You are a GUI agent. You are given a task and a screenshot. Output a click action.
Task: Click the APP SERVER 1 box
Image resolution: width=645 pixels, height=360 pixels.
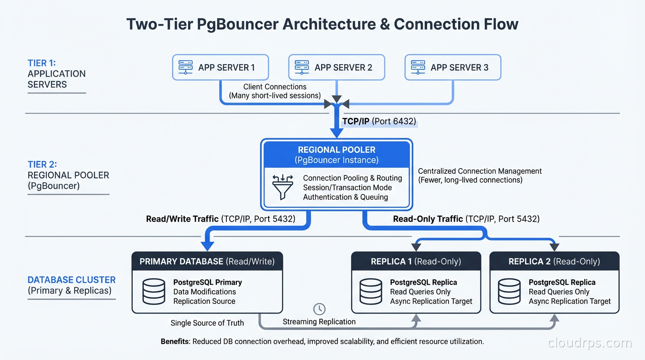point(220,67)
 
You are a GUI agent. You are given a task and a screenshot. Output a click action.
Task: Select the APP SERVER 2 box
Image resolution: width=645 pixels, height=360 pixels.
point(337,67)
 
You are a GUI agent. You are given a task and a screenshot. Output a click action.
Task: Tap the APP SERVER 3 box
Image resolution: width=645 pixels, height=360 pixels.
point(453,67)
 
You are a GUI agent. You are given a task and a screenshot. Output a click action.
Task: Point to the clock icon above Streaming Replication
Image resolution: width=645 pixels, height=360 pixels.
point(319,308)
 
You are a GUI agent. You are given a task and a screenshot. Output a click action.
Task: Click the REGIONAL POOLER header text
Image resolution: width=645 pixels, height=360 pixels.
point(337,150)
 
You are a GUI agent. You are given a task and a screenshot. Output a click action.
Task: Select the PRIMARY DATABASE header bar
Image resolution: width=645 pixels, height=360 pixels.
point(207,261)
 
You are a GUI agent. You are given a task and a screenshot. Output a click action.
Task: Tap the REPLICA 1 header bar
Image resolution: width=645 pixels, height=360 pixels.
point(416,261)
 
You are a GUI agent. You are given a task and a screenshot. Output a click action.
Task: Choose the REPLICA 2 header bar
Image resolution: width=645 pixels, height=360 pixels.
point(554,261)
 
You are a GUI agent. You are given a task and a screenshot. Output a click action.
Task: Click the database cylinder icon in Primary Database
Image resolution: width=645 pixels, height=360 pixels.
point(153,291)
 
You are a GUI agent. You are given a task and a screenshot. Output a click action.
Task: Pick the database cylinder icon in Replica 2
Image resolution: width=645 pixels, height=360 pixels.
point(510,291)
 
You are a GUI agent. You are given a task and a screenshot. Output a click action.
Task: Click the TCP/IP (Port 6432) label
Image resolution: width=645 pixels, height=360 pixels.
point(379,121)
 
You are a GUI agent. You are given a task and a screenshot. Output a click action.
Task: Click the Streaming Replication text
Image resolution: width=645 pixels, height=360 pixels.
point(319,322)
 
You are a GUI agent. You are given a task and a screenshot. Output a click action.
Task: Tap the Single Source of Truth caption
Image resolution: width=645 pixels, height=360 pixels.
point(207,322)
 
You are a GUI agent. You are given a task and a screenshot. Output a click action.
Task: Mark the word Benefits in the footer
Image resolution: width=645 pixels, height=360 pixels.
point(175,341)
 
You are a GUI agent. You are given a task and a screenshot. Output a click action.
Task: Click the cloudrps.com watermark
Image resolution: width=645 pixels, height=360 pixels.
point(589,343)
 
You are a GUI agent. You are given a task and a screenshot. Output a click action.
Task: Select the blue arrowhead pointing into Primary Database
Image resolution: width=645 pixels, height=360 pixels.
point(207,246)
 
